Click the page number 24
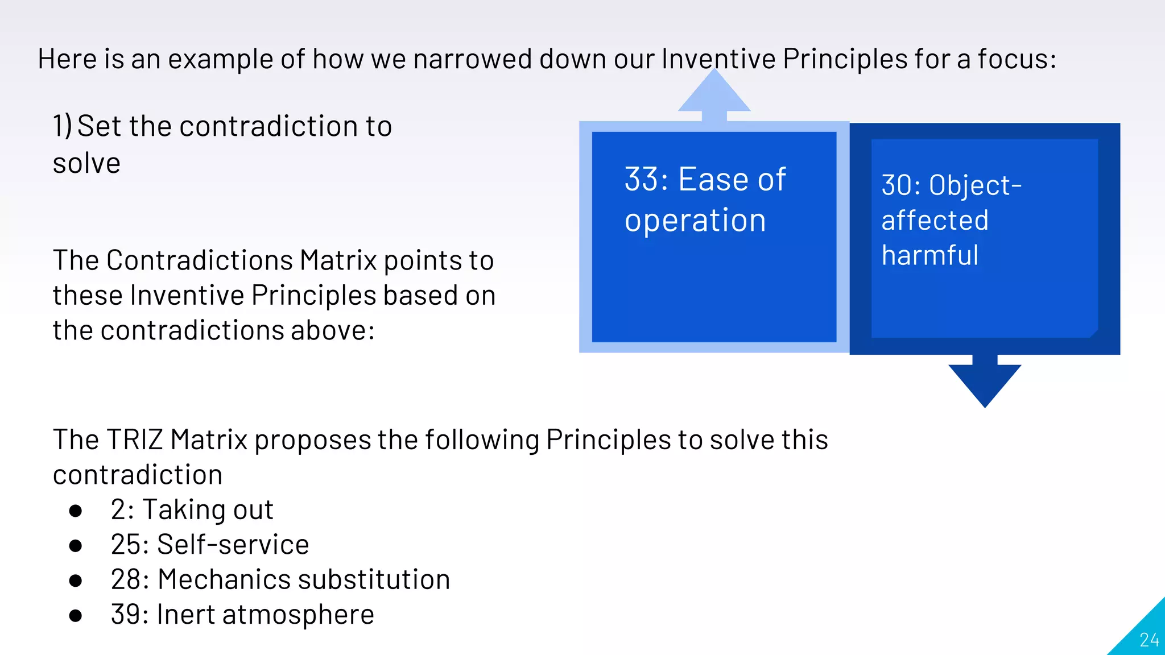pyautogui.click(x=1149, y=640)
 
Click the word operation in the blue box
pyautogui.click(x=695, y=221)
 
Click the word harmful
pyautogui.click(x=930, y=255)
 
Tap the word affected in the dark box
pyautogui.click(x=935, y=221)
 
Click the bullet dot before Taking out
pyautogui.click(x=75, y=511)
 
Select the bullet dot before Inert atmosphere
pyautogui.click(x=75, y=615)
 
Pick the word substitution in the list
pyautogui.click(x=374, y=580)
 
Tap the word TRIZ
pyautogui.click(x=135, y=440)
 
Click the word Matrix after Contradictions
pyautogui.click(x=338, y=261)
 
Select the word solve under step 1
pyautogui.click(x=86, y=164)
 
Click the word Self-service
pyautogui.click(x=233, y=545)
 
